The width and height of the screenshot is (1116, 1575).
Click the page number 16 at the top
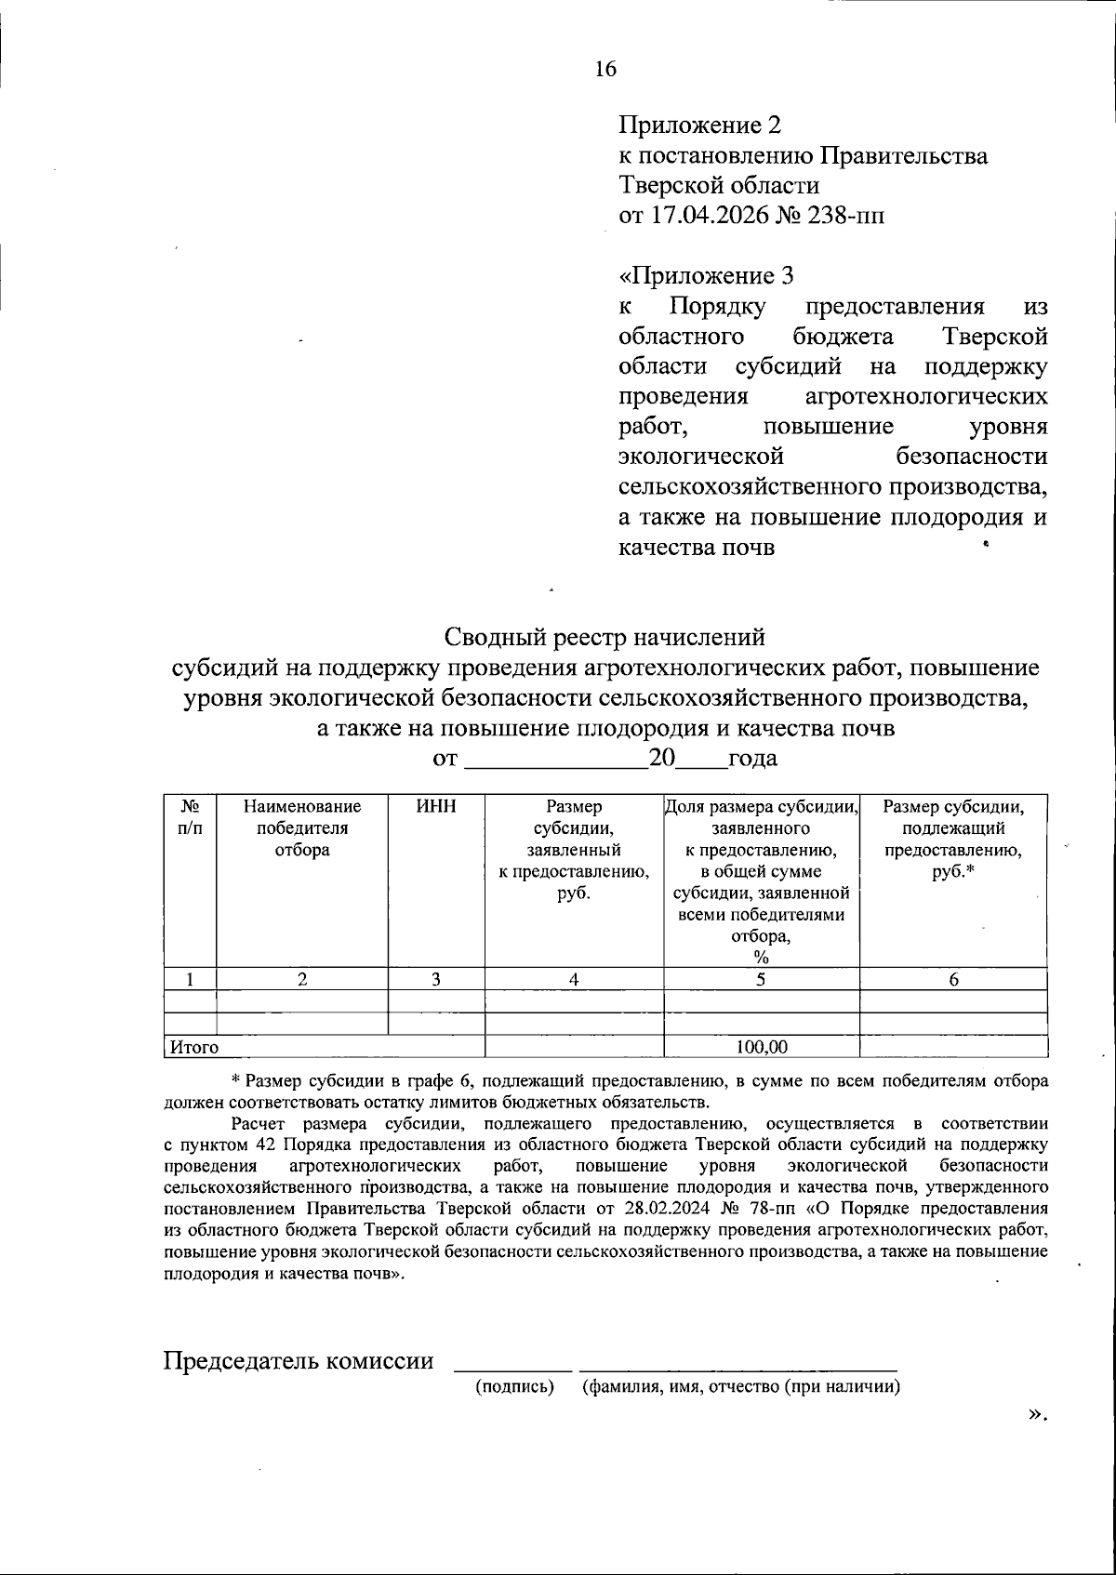tap(605, 69)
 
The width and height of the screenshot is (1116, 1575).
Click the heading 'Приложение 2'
tap(700, 126)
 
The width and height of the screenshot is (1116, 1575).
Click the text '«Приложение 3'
tap(707, 276)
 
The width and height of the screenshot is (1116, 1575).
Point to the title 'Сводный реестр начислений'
tap(604, 637)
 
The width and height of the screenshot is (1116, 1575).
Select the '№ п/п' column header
tap(189, 816)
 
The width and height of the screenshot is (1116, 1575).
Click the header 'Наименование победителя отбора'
tap(302, 827)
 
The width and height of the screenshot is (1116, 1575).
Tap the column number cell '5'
tap(761, 978)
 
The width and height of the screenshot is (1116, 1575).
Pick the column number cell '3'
tap(435, 978)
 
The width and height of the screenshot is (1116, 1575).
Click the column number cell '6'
tap(953, 978)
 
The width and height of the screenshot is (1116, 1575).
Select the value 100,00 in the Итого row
tap(761, 1047)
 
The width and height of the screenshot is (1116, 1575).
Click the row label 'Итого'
tap(193, 1047)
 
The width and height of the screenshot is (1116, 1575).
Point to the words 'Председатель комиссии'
tap(299, 1361)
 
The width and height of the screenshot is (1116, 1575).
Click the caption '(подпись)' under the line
tap(514, 1387)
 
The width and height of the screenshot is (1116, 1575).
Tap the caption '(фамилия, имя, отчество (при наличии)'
tap(740, 1387)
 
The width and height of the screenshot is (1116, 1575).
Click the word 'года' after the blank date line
tap(752, 759)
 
